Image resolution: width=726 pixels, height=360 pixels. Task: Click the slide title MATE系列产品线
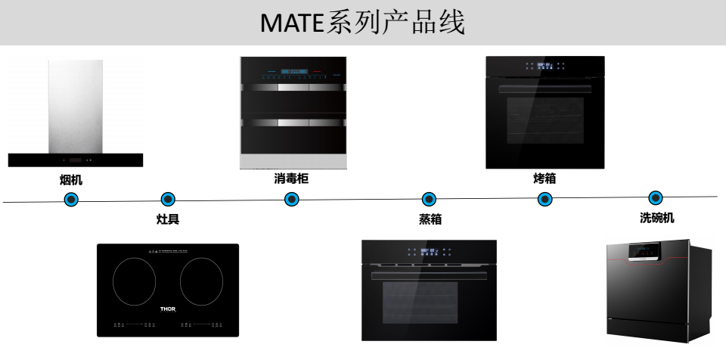pyautogui.click(x=362, y=23)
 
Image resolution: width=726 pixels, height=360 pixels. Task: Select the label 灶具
pyautogui.click(x=167, y=220)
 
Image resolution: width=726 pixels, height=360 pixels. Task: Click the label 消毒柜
pyautogui.click(x=291, y=180)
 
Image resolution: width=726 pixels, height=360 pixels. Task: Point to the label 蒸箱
pyautogui.click(x=430, y=219)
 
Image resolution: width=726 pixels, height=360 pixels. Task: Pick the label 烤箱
pyautogui.click(x=544, y=181)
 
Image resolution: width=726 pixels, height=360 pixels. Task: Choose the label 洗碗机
pyautogui.click(x=656, y=219)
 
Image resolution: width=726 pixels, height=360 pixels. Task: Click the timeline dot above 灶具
pyautogui.click(x=168, y=199)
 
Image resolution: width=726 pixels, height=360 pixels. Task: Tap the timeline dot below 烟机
pyautogui.click(x=71, y=200)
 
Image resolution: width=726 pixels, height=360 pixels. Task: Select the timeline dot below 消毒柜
pyautogui.click(x=291, y=199)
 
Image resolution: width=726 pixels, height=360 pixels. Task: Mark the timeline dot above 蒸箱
pyautogui.click(x=429, y=199)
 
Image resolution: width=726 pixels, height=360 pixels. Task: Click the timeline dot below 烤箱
pyautogui.click(x=544, y=199)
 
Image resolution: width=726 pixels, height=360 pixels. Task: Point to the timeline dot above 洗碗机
pyautogui.click(x=656, y=198)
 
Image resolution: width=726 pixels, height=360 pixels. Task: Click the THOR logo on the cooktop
pyautogui.click(x=168, y=309)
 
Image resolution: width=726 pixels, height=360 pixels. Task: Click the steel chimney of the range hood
pyautogui.click(x=75, y=106)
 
